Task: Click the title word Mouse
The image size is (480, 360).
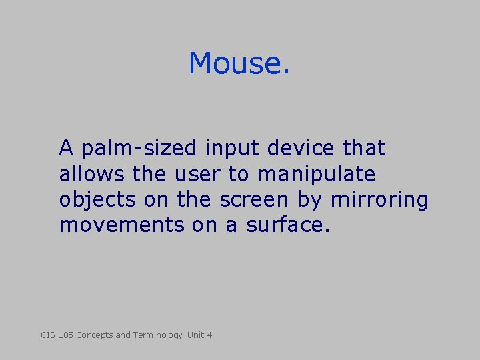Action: click(x=239, y=64)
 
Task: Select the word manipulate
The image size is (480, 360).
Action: click(x=316, y=175)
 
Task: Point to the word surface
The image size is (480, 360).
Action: click(x=288, y=225)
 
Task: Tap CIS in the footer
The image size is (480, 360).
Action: click(x=49, y=335)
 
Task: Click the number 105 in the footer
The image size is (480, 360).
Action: click(x=66, y=335)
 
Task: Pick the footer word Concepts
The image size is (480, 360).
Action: click(x=95, y=335)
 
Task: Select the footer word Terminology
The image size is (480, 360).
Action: click(x=157, y=335)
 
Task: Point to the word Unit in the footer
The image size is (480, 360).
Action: click(x=196, y=335)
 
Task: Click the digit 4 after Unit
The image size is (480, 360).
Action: click(x=209, y=335)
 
